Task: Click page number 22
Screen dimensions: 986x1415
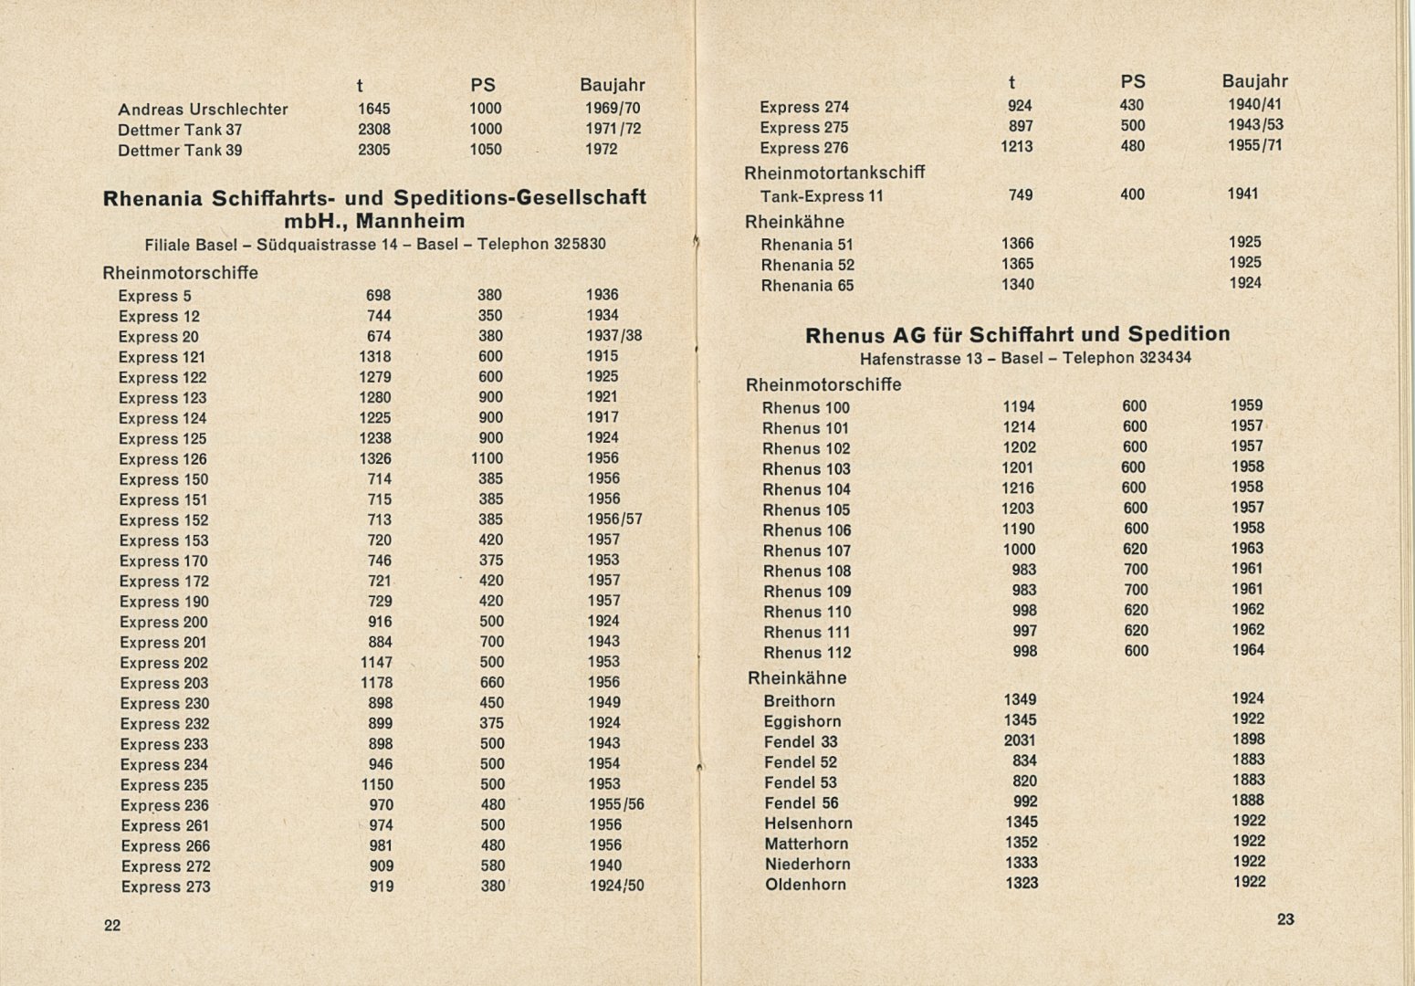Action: click(112, 925)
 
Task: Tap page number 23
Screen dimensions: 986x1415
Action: click(1284, 919)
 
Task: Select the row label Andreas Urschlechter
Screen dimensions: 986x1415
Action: click(203, 110)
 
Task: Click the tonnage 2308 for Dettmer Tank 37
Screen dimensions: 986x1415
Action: click(374, 130)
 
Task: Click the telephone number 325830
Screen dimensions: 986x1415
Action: click(579, 245)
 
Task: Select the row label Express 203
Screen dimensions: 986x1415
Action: click(164, 684)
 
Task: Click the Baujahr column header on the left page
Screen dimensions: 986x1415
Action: click(612, 85)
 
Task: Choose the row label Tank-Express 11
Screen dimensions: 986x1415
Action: click(822, 196)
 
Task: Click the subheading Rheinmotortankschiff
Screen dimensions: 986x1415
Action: click(834, 173)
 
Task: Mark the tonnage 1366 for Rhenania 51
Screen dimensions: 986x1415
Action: click(1018, 244)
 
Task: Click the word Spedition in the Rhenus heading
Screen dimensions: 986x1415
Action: click(1179, 334)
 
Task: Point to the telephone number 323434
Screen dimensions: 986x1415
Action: click(1165, 358)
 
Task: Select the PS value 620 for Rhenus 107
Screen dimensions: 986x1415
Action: click(1134, 550)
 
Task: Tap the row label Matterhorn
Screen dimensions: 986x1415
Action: click(806, 844)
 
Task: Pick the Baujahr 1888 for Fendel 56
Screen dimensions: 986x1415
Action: click(1247, 801)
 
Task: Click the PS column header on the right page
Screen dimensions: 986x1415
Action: click(1132, 82)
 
